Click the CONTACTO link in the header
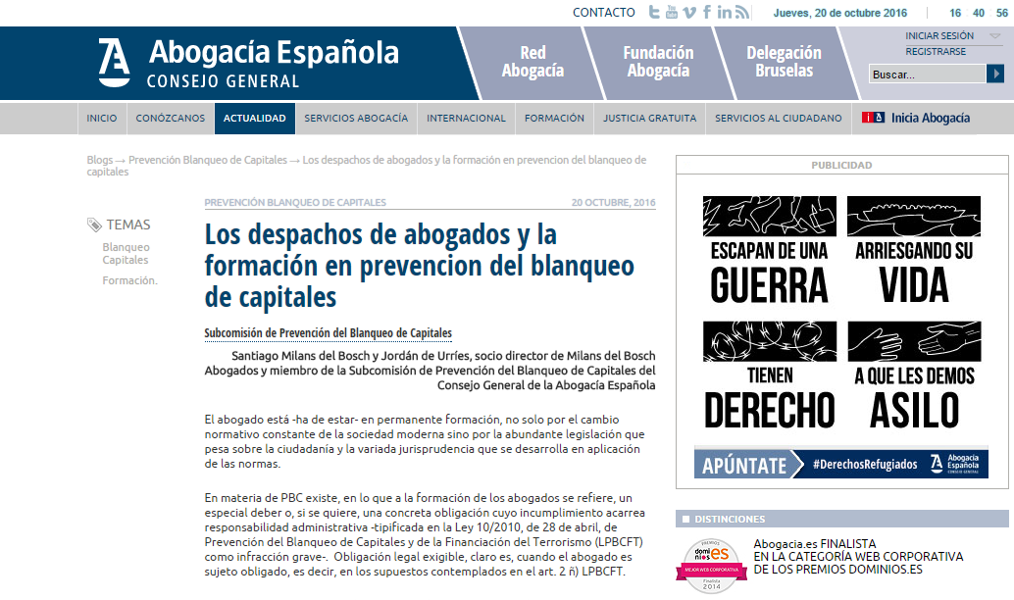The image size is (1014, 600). (603, 13)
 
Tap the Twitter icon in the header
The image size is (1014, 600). (654, 13)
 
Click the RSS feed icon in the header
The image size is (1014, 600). (742, 13)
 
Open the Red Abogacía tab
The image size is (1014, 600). (532, 62)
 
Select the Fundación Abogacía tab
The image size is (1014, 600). (658, 62)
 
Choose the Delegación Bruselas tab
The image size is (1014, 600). (784, 62)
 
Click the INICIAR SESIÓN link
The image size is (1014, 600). (938, 36)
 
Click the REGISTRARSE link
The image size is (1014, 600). (936, 52)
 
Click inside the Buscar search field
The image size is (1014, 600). (926, 75)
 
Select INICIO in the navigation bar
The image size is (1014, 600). (101, 119)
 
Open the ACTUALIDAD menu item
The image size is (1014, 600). (254, 119)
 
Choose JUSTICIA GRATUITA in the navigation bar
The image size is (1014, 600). (649, 119)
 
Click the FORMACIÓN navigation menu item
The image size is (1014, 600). (554, 119)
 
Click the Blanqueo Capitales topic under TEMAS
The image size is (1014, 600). (126, 254)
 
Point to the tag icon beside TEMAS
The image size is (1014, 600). (94, 225)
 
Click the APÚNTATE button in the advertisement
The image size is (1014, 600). (745, 465)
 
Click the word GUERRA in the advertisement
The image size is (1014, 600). (769, 285)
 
